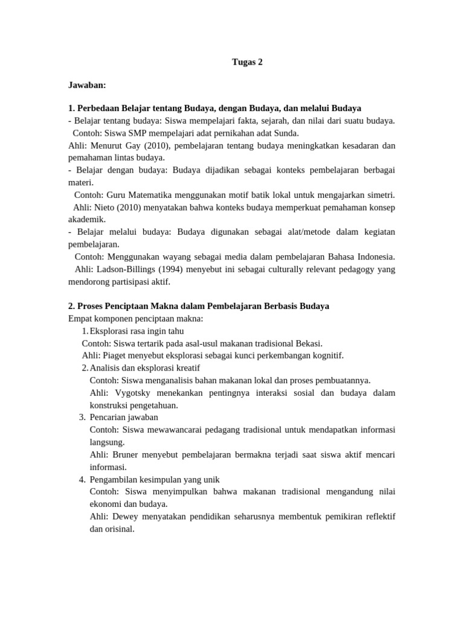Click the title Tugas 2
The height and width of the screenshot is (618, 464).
pos(248,62)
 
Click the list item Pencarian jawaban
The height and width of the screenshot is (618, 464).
pos(124,417)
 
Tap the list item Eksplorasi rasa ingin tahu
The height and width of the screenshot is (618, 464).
pos(137,331)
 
